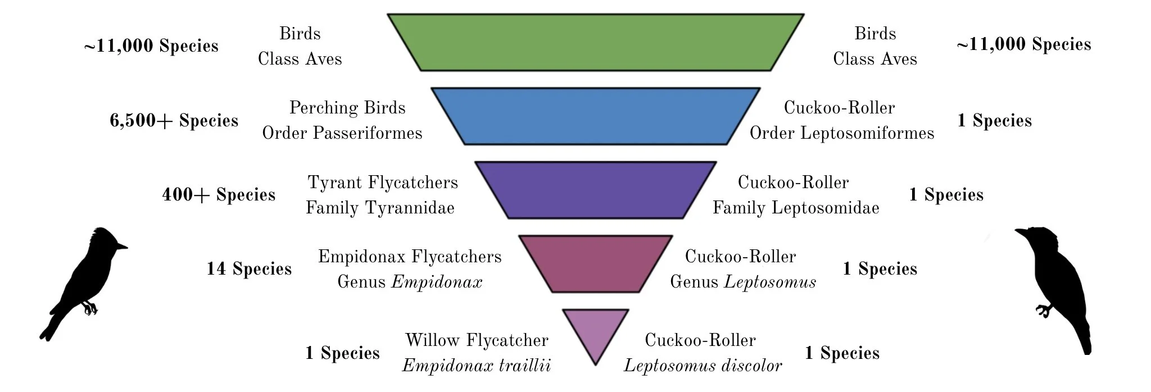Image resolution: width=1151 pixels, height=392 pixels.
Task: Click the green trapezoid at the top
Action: coord(596,43)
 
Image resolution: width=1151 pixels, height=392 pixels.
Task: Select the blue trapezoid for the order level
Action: coord(596,116)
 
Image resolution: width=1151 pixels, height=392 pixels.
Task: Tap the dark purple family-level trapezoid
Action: coord(596,190)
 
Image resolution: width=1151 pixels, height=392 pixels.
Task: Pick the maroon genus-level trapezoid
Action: coord(596,264)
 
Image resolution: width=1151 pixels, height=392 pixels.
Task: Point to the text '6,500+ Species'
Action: coord(174,121)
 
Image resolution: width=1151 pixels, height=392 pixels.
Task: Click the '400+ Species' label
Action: coord(219,195)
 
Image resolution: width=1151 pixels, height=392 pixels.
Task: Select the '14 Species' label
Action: coord(249,269)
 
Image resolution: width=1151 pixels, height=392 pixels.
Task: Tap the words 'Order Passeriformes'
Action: coord(342,133)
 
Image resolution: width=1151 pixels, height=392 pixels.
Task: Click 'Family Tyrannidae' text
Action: coord(380,208)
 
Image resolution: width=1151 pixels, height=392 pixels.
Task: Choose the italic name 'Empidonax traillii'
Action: coord(476,366)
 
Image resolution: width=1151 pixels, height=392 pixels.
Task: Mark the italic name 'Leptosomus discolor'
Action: coord(703,366)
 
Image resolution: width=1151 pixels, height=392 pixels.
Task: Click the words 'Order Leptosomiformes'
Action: coord(841,133)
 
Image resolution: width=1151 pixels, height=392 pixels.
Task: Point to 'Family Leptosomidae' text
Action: coord(796,208)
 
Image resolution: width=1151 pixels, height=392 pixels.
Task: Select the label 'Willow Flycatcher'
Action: coord(477,340)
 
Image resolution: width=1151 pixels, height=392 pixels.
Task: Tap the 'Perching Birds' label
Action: coord(347,108)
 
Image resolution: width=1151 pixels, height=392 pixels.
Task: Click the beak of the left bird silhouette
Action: coord(123,246)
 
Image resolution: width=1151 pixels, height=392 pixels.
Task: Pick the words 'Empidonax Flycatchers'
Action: coord(410,257)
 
